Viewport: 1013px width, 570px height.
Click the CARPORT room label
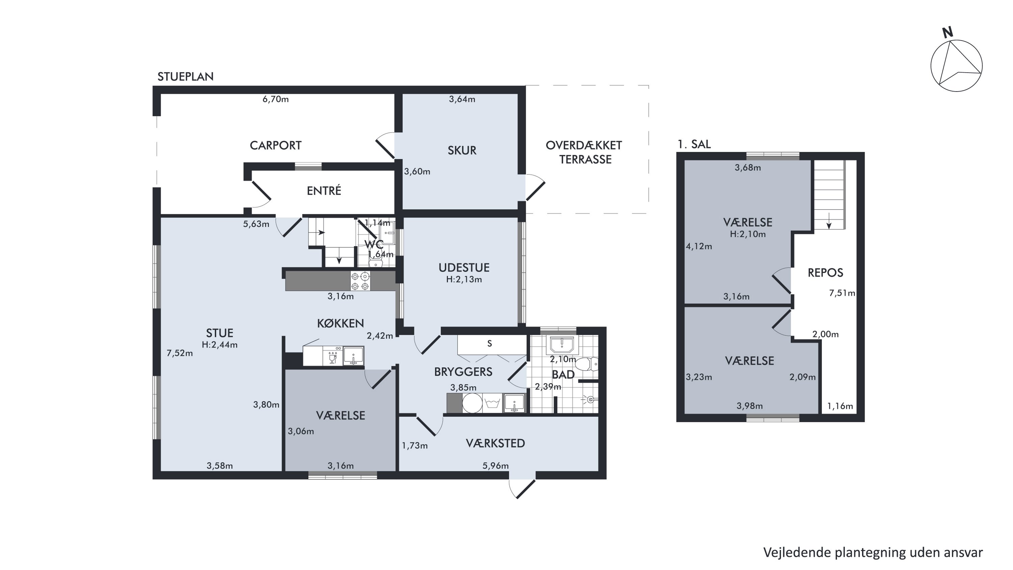click(275, 146)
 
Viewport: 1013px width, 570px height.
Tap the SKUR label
click(462, 150)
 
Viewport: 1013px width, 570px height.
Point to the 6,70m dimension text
click(275, 99)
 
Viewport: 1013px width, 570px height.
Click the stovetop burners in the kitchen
click(360, 281)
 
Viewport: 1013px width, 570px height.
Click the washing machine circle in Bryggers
click(472, 403)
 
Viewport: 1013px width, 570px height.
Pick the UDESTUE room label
click(464, 268)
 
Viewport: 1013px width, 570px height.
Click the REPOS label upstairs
click(825, 273)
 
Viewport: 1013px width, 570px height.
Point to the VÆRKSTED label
click(495, 443)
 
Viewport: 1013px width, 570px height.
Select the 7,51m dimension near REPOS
click(842, 293)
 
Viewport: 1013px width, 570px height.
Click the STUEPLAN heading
click(186, 77)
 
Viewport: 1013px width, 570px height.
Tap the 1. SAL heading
click(694, 144)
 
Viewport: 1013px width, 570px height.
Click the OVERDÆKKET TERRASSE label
click(584, 152)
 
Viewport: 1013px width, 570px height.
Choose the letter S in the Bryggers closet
click(490, 343)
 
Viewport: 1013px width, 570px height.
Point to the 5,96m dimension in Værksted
click(495, 466)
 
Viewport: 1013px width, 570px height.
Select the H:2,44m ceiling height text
click(219, 345)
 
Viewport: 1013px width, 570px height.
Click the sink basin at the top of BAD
click(562, 345)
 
